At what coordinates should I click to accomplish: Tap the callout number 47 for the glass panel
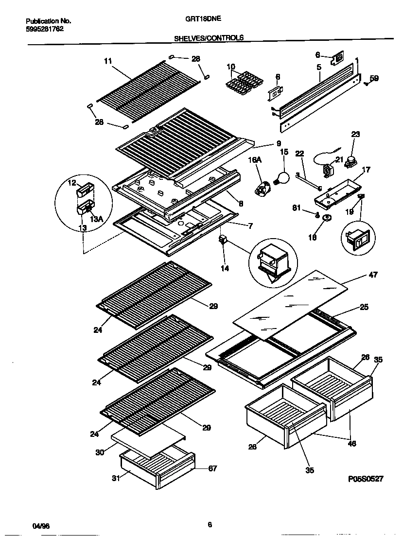373,275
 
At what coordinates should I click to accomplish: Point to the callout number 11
108,61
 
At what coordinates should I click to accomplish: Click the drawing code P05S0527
366,479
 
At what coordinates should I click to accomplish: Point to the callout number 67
212,468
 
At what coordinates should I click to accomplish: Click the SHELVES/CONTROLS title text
209,37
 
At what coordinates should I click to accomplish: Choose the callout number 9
279,143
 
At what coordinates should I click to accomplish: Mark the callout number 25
364,307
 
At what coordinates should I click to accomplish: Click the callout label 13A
97,219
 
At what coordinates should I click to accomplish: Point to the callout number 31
115,478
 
